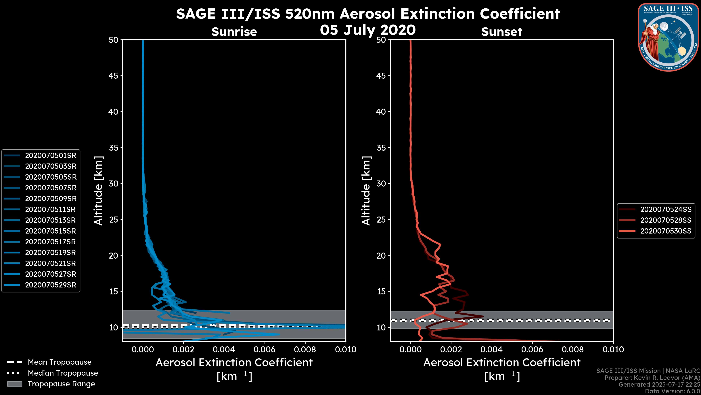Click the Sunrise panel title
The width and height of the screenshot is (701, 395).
[x=234, y=32]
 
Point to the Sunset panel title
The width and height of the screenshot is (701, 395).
[x=501, y=32]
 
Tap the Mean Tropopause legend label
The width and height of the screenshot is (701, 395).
[x=60, y=362]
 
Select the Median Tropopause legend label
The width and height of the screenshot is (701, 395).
[x=63, y=373]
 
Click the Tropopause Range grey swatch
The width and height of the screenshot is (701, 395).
[x=14, y=384]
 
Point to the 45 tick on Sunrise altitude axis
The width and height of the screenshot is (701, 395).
[x=114, y=76]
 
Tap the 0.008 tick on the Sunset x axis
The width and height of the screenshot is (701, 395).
[x=573, y=349]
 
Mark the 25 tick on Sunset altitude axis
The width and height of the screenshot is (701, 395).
[x=381, y=219]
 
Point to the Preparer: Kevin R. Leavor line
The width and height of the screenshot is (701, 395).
[x=652, y=378]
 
